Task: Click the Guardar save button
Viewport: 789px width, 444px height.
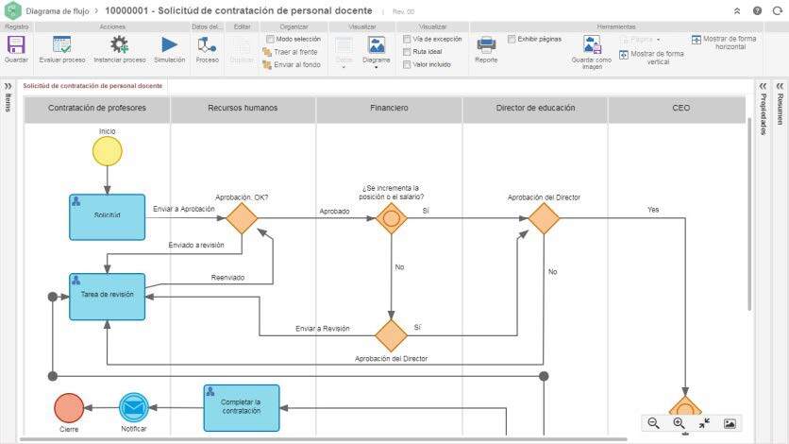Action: (x=16, y=47)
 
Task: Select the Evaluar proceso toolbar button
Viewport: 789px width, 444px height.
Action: (x=62, y=47)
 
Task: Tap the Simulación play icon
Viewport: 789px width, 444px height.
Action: (x=169, y=47)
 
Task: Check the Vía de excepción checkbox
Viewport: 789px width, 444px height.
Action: (x=407, y=40)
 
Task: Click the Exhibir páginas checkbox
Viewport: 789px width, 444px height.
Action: (x=512, y=40)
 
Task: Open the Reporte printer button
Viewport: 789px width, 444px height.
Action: (x=486, y=47)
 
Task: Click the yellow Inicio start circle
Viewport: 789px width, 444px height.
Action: (x=108, y=151)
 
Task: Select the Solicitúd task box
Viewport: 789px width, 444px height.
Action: (x=107, y=216)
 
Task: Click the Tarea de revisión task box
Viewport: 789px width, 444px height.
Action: (x=107, y=296)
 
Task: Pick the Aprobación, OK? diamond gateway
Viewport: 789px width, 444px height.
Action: (x=242, y=217)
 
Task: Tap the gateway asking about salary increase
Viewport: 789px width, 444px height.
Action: (x=391, y=217)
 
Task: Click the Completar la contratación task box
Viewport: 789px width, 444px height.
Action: (x=241, y=407)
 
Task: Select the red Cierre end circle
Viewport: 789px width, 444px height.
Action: (x=69, y=407)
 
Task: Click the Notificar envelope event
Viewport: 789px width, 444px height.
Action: (x=134, y=407)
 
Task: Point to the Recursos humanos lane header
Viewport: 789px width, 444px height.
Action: (x=243, y=109)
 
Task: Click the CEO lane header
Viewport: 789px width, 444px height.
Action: (x=680, y=109)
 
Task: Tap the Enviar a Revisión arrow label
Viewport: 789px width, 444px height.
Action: (x=323, y=329)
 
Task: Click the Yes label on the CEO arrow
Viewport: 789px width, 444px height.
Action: (x=653, y=210)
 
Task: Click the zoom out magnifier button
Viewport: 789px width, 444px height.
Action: (x=653, y=423)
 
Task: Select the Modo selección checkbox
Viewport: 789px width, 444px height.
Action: (x=270, y=40)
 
